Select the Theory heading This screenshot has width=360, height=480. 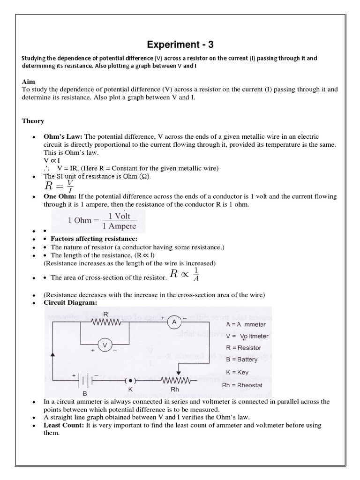coord(33,121)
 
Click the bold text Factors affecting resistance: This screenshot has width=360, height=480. coord(87,239)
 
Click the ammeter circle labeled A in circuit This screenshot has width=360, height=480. coord(174,322)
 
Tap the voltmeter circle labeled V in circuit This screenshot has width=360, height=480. coord(105,345)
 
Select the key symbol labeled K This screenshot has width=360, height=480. coord(130,380)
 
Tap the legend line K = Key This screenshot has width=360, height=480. coord(238,372)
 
